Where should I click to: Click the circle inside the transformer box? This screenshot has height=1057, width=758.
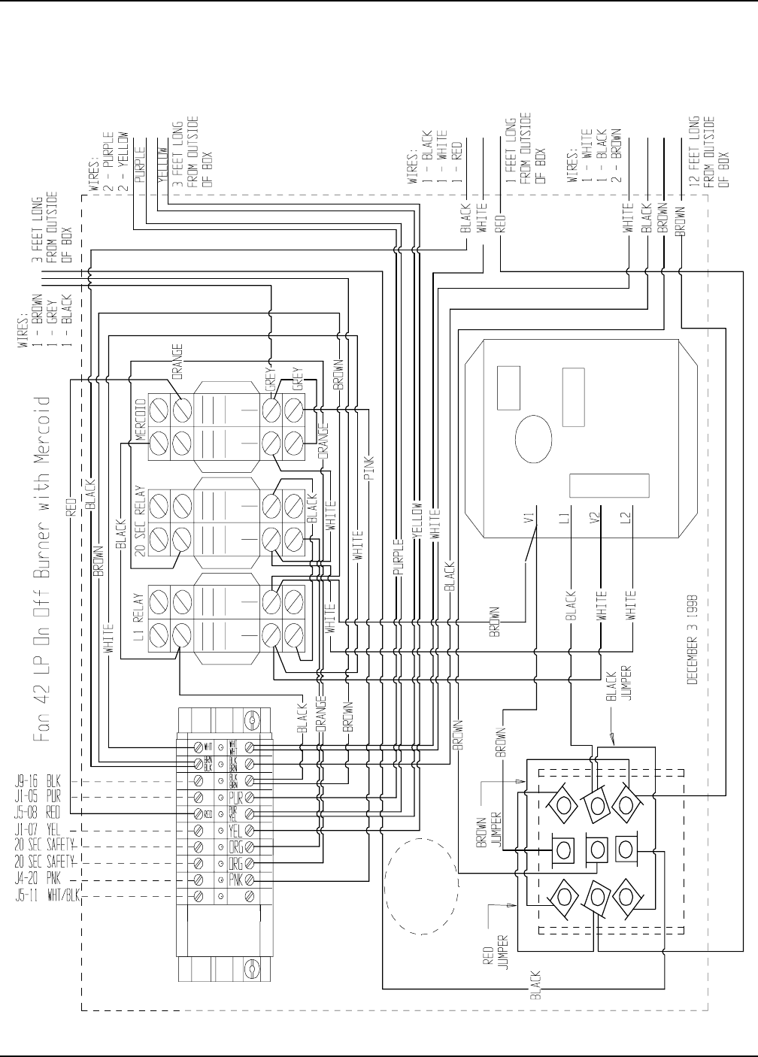[x=534, y=438]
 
